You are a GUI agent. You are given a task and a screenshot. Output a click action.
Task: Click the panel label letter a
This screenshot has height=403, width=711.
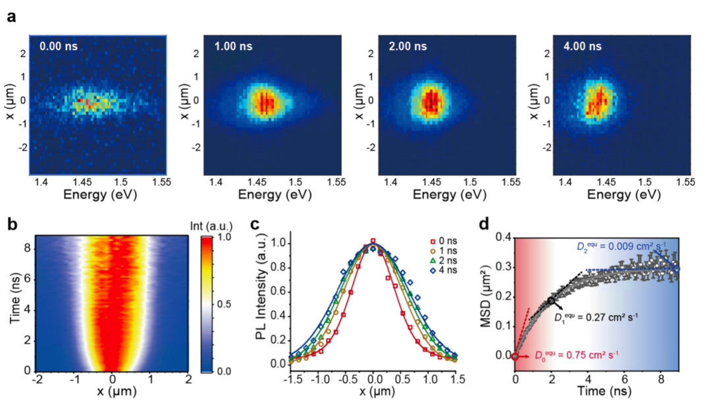pos(11,16)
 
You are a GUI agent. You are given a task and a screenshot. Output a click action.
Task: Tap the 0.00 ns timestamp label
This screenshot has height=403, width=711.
pos(59,46)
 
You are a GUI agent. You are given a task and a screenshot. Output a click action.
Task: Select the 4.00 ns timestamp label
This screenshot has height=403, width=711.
pos(582,46)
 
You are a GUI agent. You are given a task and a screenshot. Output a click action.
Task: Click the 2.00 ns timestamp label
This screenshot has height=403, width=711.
pos(408,46)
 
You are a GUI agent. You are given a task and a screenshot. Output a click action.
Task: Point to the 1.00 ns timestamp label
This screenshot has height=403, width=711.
pos(233,46)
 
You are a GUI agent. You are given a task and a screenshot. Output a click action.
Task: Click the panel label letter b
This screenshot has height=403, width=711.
pos(13,225)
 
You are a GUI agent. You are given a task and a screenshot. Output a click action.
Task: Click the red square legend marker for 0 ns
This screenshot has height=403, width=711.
pos(433,242)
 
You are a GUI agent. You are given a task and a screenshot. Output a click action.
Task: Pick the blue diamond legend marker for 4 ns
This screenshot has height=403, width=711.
pos(433,271)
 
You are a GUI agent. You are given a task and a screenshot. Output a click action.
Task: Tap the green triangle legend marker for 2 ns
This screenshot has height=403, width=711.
pos(433,261)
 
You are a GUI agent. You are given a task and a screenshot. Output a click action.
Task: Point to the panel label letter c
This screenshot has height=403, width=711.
pos(255,225)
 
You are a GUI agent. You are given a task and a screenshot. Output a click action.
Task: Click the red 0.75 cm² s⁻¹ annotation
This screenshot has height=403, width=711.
pos(576,355)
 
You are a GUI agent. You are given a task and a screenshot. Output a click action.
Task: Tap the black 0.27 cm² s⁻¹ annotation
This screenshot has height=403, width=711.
pos(596,317)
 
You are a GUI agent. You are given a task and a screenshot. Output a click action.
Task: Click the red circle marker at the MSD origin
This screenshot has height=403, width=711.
pos(515,356)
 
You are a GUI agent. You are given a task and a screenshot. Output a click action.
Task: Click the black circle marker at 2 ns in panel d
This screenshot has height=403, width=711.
pos(552,300)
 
